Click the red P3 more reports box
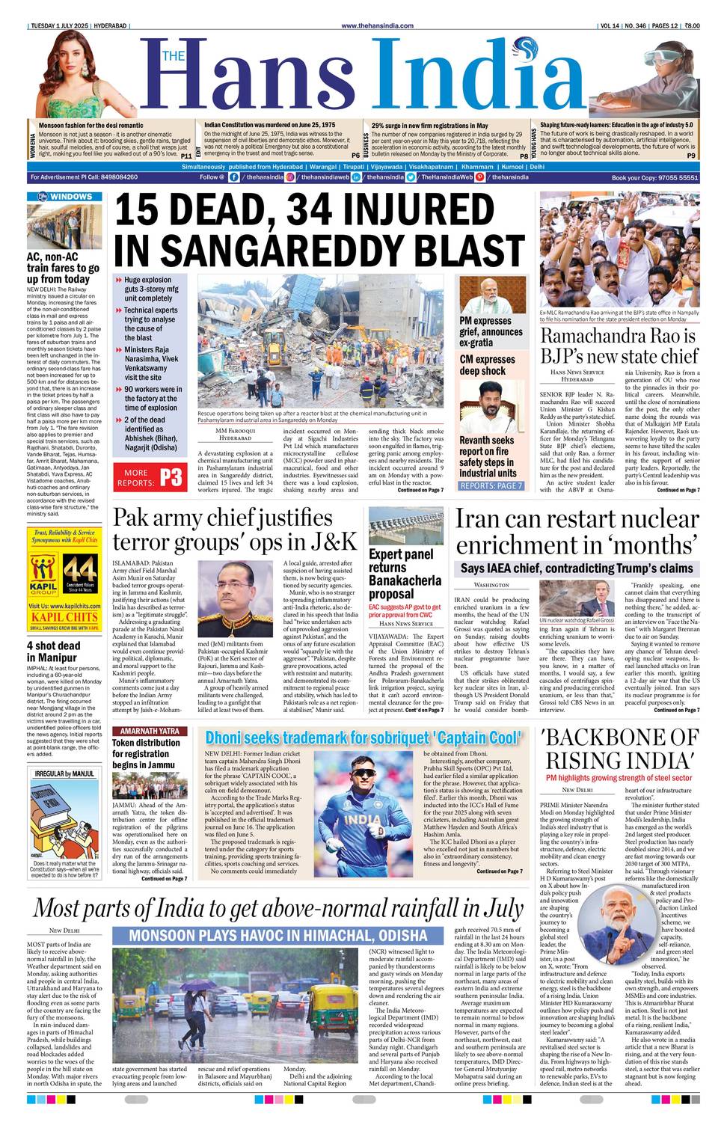pos(150,477)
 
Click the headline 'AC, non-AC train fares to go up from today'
pos(63,268)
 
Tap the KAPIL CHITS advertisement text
pos(64,617)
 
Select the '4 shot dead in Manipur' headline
pos(53,651)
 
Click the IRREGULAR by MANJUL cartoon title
pos(64,773)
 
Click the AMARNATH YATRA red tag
pos(150,731)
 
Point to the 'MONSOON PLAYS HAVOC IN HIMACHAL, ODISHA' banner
pos(277,935)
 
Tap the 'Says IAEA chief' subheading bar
pos(576,568)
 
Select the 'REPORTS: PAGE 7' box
pos(491,485)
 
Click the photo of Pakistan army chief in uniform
pos(235,598)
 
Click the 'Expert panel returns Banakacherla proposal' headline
pos(405,574)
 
